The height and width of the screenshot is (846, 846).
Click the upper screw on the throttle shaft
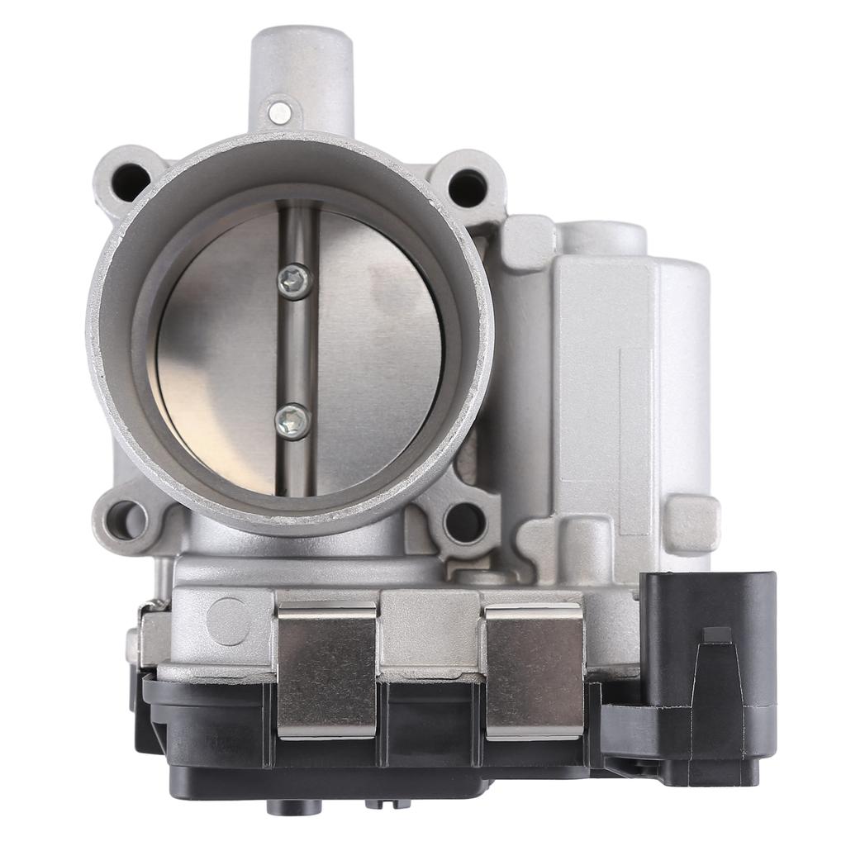click(x=295, y=281)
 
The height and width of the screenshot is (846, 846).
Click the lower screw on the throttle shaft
click(x=293, y=421)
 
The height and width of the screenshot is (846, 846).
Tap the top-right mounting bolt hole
click(x=467, y=188)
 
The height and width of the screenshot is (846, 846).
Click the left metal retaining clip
click(x=327, y=669)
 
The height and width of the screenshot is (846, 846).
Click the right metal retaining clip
click(x=535, y=669)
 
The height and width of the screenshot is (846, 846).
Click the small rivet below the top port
click(x=280, y=112)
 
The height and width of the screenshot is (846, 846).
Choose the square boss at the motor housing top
click(x=526, y=243)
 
